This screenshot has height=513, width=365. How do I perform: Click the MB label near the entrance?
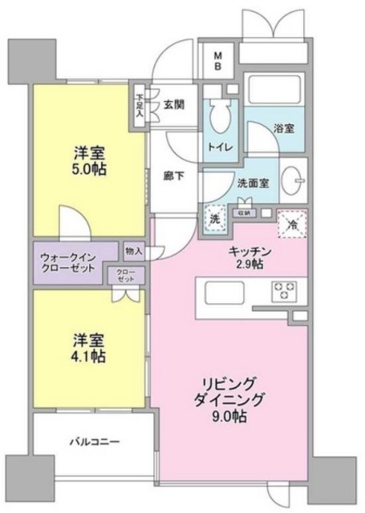[217, 61]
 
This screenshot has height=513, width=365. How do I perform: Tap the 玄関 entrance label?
[175, 102]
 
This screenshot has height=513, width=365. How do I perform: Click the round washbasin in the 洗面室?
[294, 179]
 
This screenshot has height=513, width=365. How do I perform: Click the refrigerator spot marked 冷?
[292, 225]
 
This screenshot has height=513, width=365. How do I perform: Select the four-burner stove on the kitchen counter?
[284, 290]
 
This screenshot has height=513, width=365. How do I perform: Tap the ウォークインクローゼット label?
[67, 264]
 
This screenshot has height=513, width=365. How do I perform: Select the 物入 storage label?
[134, 251]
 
